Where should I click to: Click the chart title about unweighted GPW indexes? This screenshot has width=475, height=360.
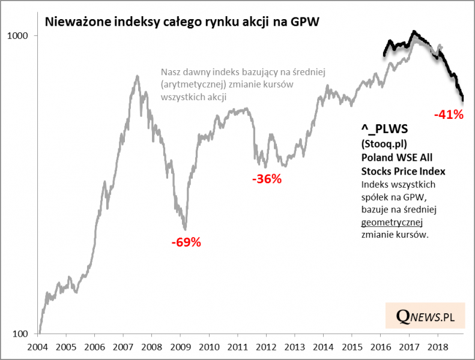click(183, 23)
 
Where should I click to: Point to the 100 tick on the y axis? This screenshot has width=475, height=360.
click(22, 334)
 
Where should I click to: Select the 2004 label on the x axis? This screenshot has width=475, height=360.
click(38, 347)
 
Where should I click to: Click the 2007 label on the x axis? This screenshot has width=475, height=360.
click(123, 347)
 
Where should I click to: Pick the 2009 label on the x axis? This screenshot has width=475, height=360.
click(180, 347)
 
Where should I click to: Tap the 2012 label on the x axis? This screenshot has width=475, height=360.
click(265, 347)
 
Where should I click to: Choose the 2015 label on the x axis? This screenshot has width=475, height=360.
click(351, 347)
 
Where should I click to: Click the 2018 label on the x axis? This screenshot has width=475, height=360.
click(436, 347)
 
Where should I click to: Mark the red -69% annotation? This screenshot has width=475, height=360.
click(186, 243)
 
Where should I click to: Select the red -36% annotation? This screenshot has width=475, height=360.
click(267, 179)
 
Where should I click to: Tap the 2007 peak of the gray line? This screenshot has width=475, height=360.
click(138, 76)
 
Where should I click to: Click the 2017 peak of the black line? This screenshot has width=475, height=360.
click(413, 32)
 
